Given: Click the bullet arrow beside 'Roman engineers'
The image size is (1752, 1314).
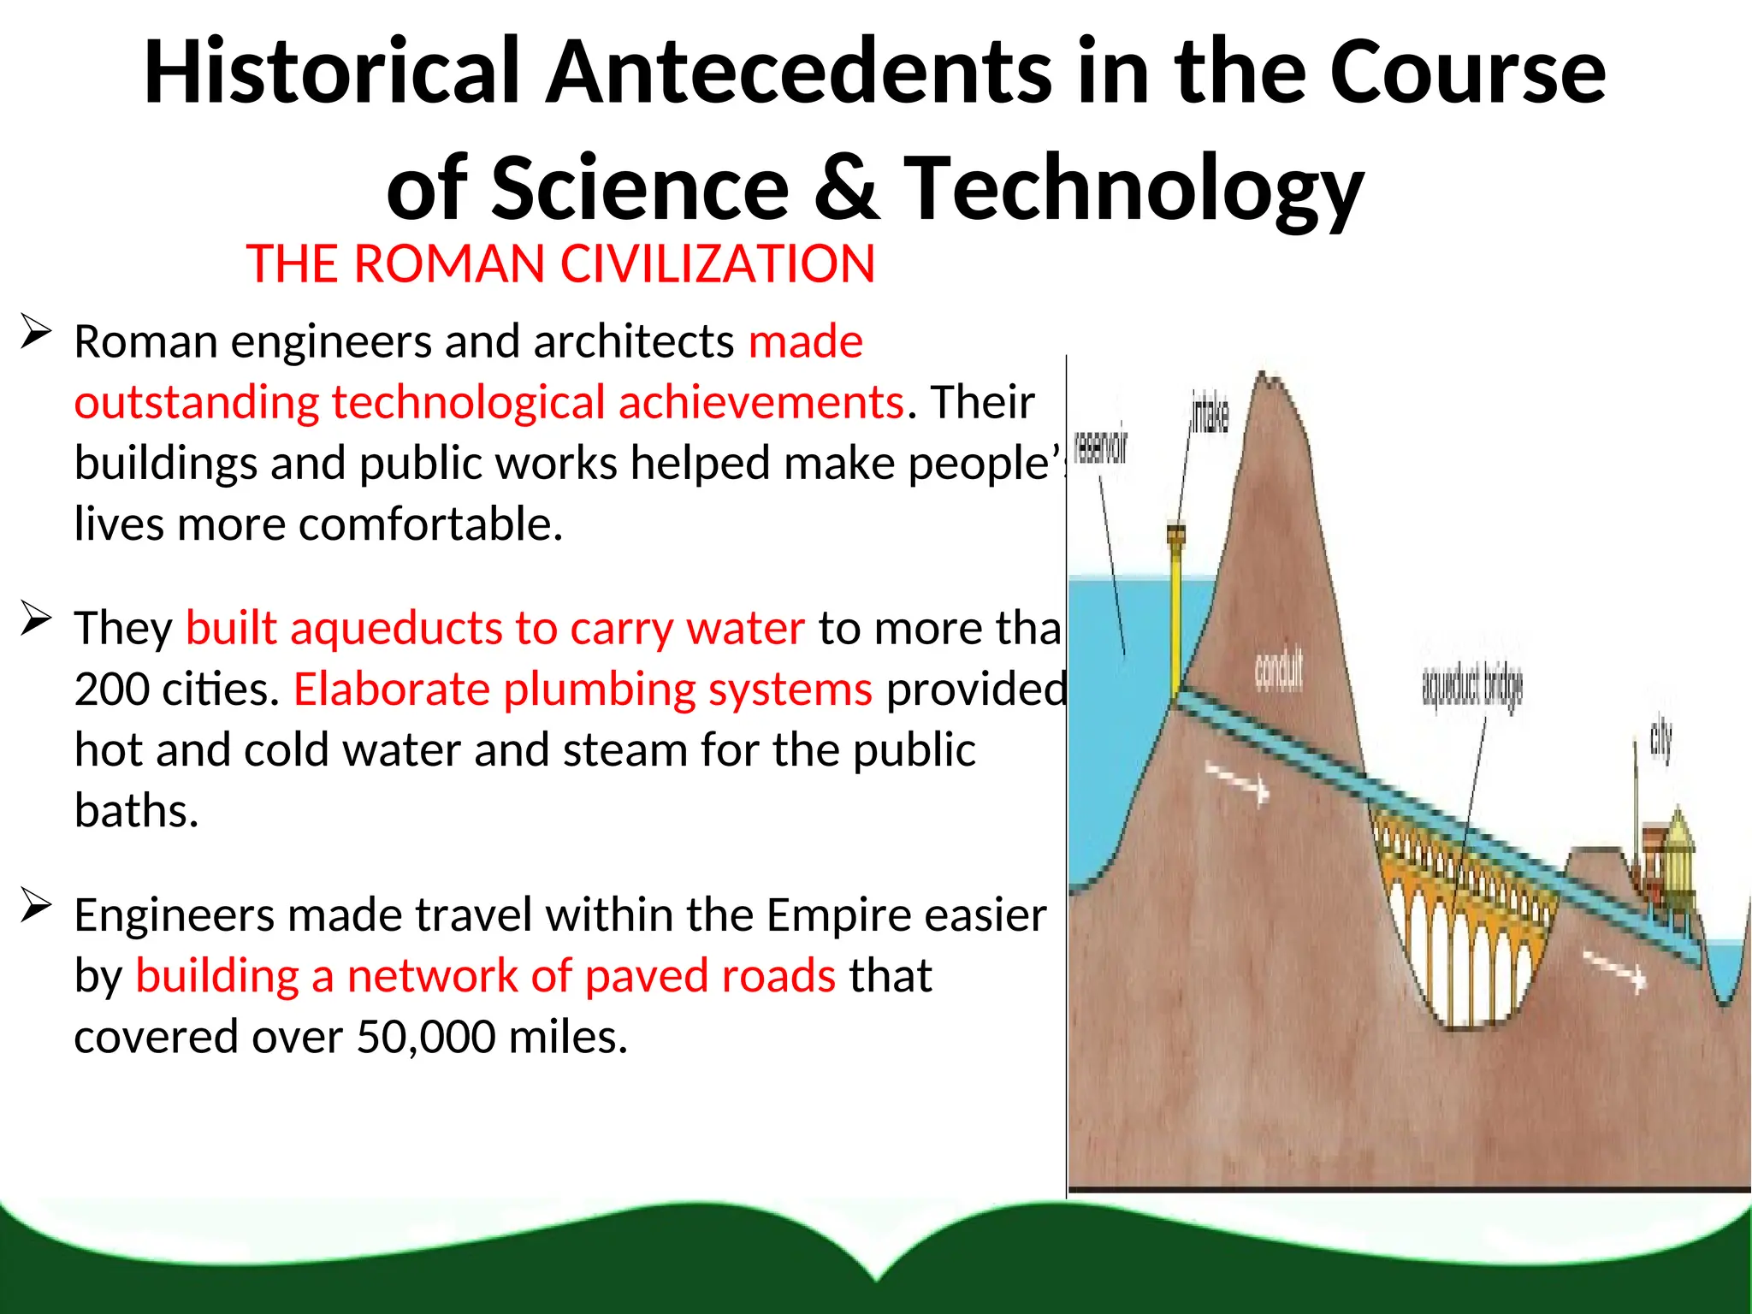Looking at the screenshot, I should (x=36, y=331).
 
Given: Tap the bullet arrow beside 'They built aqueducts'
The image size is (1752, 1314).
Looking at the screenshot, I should (x=36, y=618).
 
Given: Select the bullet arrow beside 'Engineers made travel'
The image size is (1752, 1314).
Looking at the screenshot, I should (x=36, y=904).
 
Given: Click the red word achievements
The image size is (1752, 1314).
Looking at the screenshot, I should (x=761, y=402).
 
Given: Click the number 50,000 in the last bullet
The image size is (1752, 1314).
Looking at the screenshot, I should (x=425, y=1037).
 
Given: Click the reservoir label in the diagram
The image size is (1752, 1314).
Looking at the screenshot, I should (x=1100, y=447).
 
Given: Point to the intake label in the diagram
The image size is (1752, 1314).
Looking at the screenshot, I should (x=1210, y=415).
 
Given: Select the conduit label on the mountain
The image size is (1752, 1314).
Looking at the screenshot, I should (x=1279, y=670).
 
